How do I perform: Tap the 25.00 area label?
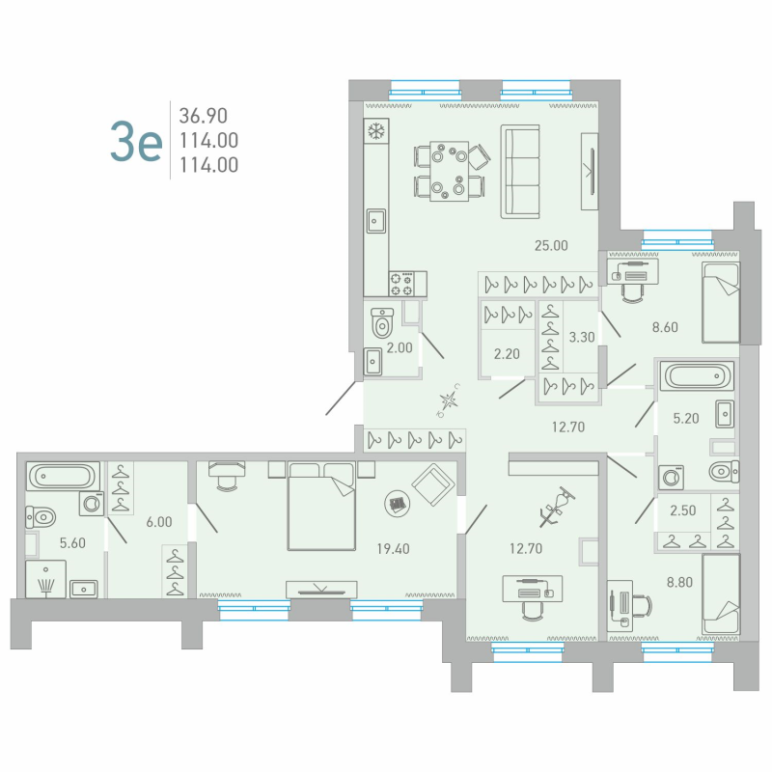click(551, 245)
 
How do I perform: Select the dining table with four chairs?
click(449, 170)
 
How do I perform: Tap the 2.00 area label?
click(399, 348)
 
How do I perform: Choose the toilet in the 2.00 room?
click(381, 322)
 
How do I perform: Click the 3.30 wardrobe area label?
click(582, 338)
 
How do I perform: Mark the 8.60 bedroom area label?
click(665, 327)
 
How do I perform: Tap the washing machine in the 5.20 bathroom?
click(669, 477)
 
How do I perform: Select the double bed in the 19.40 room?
click(321, 504)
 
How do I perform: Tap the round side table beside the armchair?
click(396, 501)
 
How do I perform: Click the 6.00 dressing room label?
click(158, 521)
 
